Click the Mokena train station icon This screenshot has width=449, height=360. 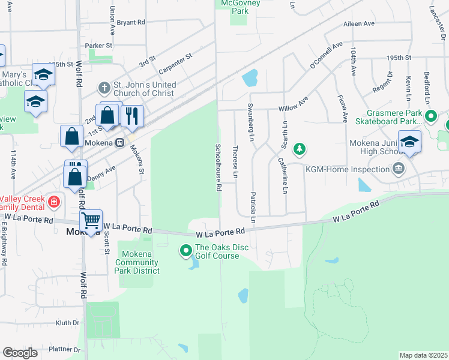coord(120,143)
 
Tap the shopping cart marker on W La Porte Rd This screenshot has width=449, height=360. coord(91,221)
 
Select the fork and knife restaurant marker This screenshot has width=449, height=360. coord(132,114)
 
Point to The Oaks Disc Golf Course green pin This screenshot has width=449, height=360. coord(186,251)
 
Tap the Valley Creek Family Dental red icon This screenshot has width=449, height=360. coord(54,202)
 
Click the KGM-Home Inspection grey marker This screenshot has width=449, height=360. coord(398,170)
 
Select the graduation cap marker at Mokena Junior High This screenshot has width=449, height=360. coord(409,142)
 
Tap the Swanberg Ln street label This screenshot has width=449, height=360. coord(250,122)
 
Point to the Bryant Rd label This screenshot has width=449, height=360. coord(131,22)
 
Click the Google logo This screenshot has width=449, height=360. coord(20,353)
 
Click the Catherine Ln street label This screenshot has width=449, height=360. coord(283,175)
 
